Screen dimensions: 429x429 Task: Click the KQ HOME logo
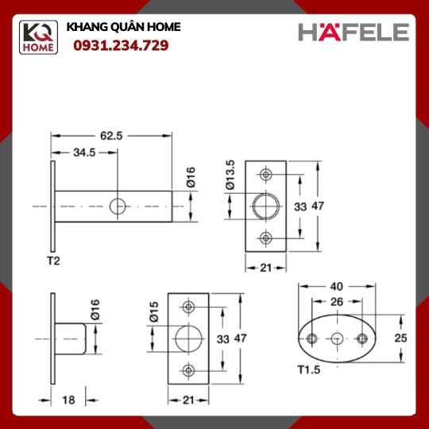[38, 37]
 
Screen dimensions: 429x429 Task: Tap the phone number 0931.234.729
[121, 45]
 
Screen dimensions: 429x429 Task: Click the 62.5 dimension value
[111, 136]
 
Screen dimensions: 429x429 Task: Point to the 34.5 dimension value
[84, 153]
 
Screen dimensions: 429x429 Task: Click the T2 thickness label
[54, 261]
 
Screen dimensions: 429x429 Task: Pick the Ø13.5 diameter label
[230, 175]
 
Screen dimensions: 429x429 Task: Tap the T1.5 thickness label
[309, 370]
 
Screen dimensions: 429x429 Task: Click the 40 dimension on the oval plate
[336, 287]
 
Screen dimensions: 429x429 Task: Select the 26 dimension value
[337, 302]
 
